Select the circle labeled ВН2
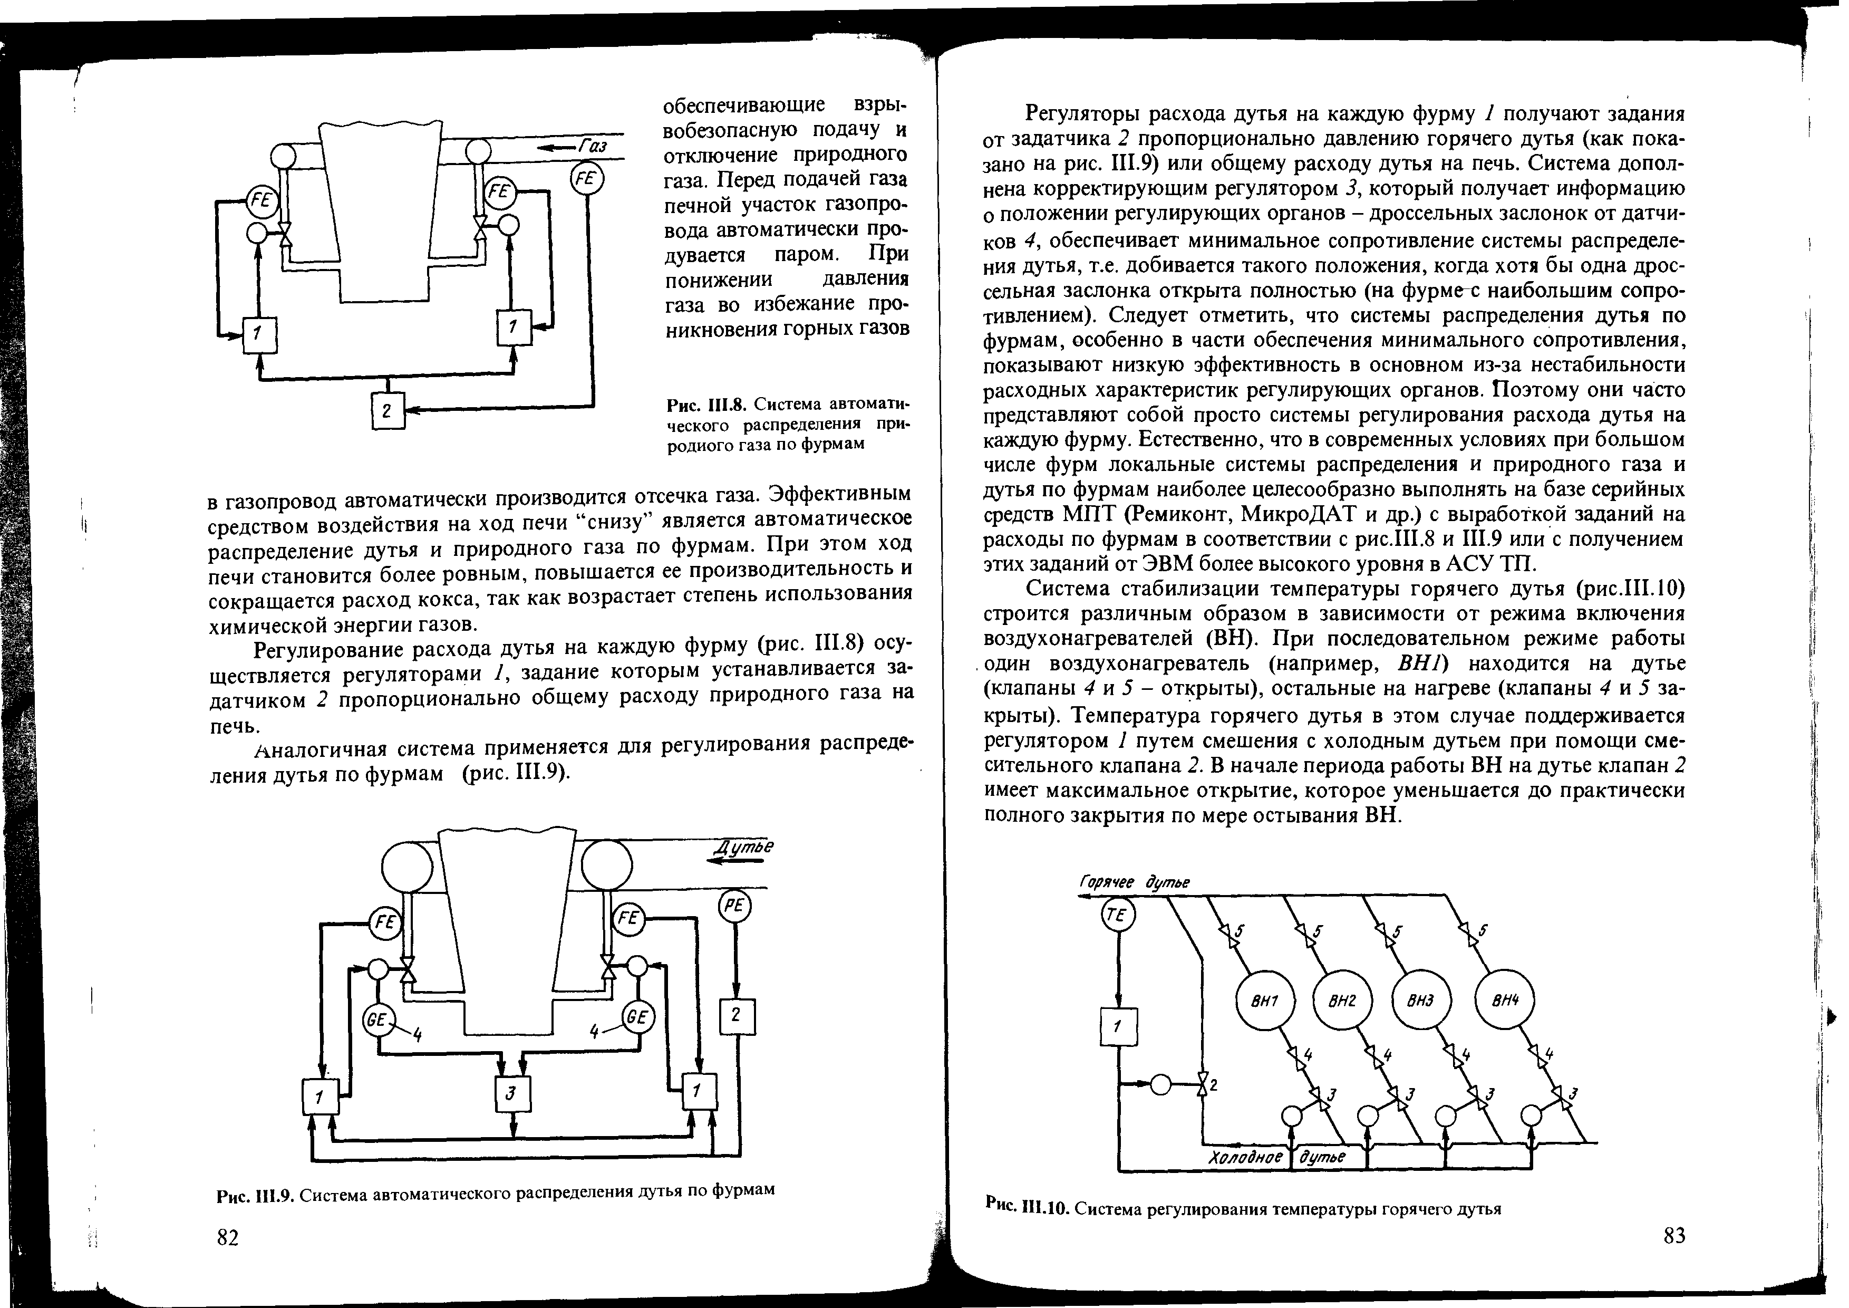click(x=1342, y=1003)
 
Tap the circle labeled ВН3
click(x=1421, y=1003)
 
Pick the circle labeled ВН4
click(x=1504, y=1003)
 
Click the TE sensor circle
click(x=1118, y=917)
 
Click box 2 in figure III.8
click(x=386, y=411)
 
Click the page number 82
click(x=228, y=1238)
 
